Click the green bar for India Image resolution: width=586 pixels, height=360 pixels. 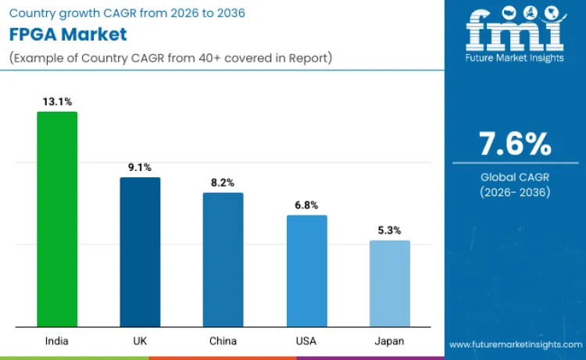57,219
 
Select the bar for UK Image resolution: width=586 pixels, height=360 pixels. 140,251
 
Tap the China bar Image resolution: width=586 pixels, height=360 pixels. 223,259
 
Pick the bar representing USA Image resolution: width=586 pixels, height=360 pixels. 306,270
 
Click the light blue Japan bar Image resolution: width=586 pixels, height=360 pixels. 389,283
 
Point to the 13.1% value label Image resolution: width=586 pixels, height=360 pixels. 57,102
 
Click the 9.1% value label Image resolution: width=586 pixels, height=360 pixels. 140,167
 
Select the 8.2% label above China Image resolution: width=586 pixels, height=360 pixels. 223,182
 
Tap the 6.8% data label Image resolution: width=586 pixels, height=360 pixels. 306,205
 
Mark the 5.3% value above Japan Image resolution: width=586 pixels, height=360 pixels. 389,230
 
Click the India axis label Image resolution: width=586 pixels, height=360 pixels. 57,341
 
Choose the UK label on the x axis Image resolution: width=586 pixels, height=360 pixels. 140,341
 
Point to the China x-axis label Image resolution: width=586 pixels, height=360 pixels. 223,341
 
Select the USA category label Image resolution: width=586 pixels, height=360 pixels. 306,341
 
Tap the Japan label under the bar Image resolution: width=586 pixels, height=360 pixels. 389,341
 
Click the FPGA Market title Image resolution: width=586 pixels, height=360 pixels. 68,36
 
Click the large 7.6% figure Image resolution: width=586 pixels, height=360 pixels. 515,144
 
